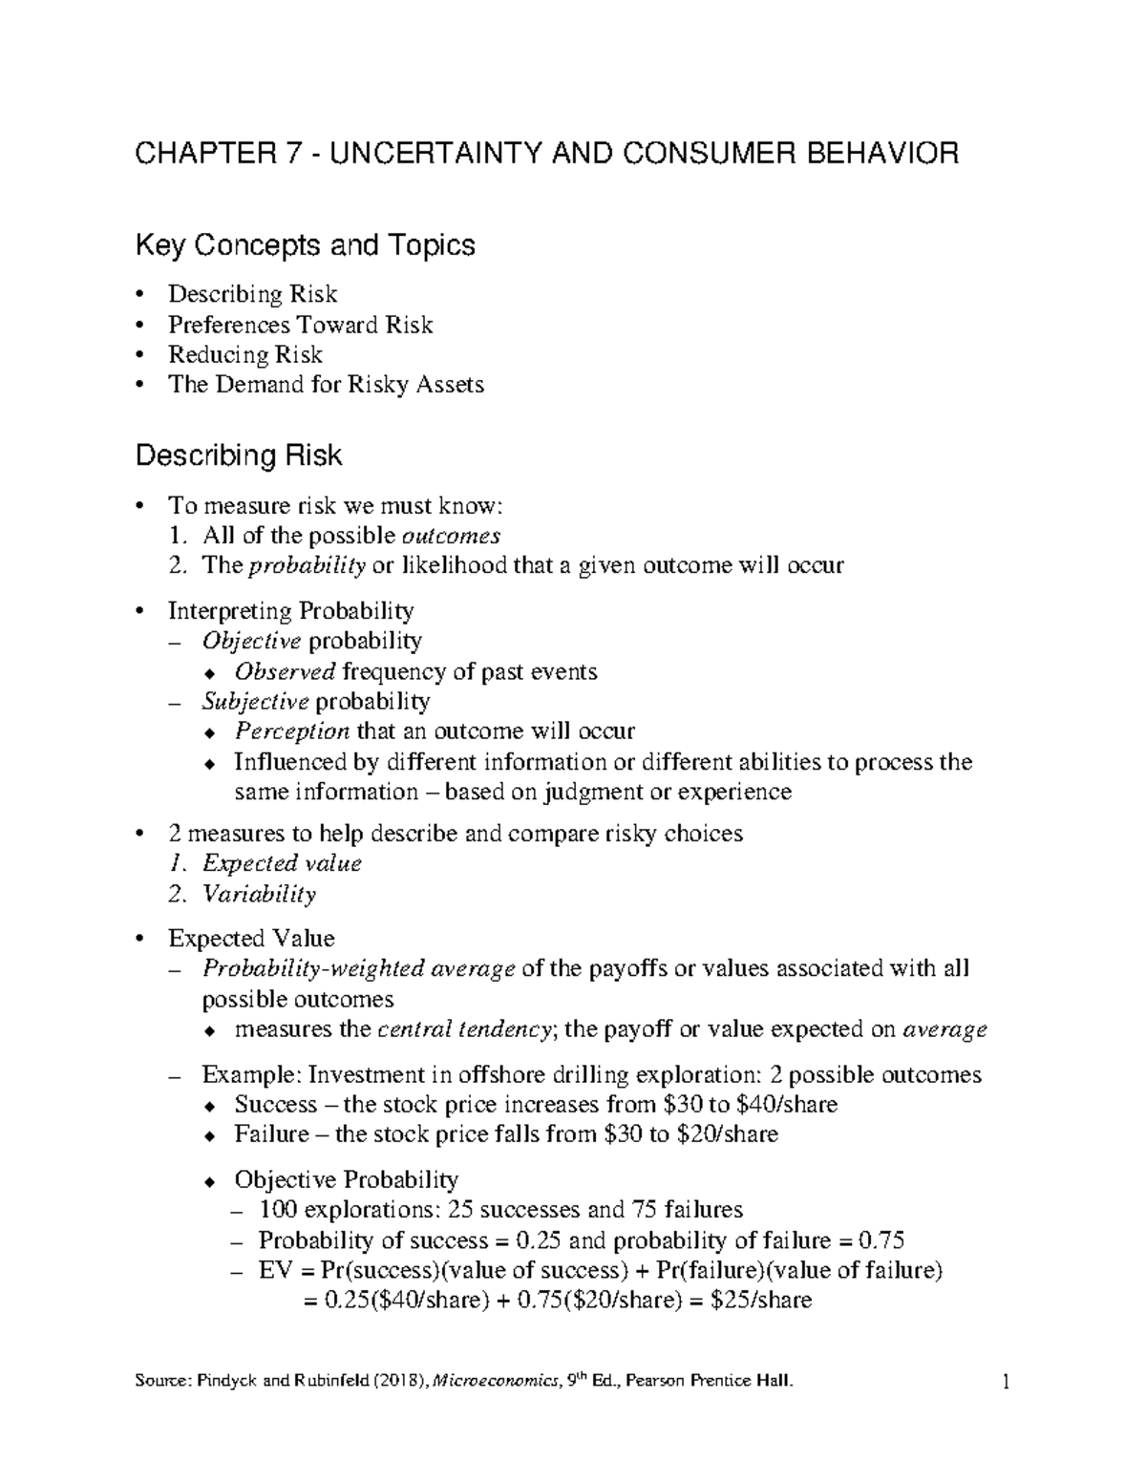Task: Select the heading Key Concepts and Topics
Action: click(305, 245)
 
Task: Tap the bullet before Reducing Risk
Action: click(142, 355)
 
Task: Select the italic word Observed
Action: click(285, 671)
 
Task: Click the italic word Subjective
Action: click(255, 702)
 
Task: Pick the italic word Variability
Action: click(258, 894)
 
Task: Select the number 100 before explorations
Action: click(278, 1210)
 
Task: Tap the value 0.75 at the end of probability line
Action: click(881, 1240)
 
